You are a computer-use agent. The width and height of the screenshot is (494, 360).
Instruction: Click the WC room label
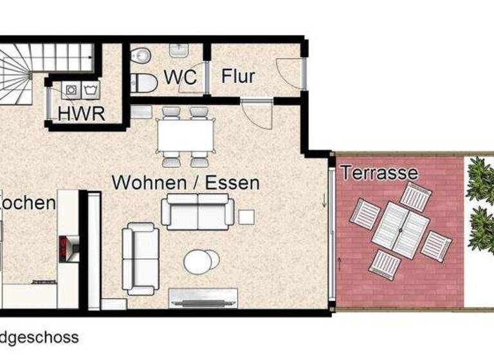[x=180, y=76]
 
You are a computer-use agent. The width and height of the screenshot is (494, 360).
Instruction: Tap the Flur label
[x=239, y=76]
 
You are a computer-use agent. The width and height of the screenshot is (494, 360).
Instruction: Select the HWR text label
[x=81, y=113]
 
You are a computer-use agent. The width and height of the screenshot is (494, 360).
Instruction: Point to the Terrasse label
[x=379, y=172]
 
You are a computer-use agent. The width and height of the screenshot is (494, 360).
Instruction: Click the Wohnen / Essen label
[x=186, y=183]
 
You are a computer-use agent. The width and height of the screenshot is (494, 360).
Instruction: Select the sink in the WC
[x=178, y=50]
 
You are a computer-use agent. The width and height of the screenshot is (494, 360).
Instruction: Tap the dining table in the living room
[x=186, y=136]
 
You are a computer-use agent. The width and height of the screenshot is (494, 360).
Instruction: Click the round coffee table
[x=201, y=261]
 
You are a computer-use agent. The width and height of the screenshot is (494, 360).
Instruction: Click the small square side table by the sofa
[x=246, y=217]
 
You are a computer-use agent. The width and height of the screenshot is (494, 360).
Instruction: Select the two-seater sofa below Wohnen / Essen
[x=197, y=211]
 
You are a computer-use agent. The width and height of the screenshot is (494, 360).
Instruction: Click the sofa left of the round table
[x=141, y=258]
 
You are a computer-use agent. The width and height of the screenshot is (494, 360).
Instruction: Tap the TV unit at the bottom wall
[x=203, y=297]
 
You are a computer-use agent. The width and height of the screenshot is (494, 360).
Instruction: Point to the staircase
[x=26, y=71]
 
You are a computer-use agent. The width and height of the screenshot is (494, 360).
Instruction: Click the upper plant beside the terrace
[x=480, y=179]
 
